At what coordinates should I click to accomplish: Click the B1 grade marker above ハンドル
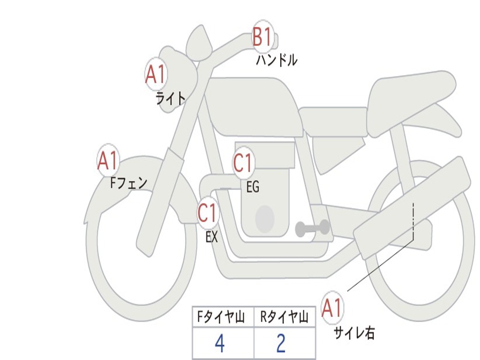262,37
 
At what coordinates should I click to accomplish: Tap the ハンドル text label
277,60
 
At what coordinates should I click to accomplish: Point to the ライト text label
170,98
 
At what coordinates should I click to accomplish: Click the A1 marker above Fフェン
108,161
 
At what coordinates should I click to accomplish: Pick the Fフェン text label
128,182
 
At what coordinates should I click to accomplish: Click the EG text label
253,187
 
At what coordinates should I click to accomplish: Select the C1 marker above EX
208,213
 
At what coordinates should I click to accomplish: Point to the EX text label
212,237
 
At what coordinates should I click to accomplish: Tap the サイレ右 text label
354,333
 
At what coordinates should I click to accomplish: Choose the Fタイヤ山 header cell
223,318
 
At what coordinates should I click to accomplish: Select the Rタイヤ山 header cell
285,318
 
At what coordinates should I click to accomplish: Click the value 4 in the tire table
219,344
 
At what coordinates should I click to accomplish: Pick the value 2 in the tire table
281,344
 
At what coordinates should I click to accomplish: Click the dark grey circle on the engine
264,218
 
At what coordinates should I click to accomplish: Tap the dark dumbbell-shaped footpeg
312,228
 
